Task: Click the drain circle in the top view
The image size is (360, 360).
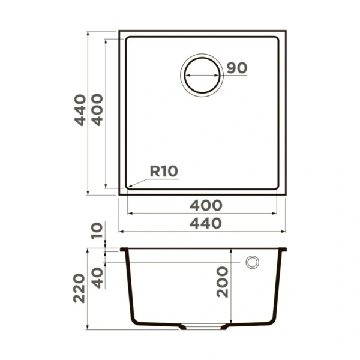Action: point(202,76)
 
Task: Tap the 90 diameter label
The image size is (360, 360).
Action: point(236,68)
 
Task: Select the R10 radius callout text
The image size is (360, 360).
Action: point(163,171)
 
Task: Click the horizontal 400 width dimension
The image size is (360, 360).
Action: point(206,205)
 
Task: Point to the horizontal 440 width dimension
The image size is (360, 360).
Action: point(206,223)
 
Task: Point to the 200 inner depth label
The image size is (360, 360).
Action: point(223,282)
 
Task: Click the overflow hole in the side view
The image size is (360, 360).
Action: point(253,262)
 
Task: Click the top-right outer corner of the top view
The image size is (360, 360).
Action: point(286,31)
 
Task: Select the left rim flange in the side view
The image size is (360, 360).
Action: point(124,250)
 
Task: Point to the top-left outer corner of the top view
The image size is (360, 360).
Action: point(119,31)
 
